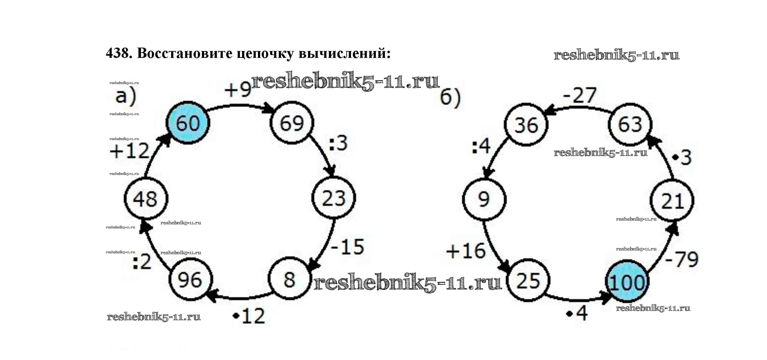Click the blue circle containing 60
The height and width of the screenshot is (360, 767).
[188, 123]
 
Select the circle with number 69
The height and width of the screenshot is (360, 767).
[292, 123]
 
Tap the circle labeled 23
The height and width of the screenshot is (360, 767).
[334, 198]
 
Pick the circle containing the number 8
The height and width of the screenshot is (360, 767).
[289, 279]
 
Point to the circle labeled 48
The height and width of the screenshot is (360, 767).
[146, 199]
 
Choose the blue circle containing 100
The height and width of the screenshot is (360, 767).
[627, 282]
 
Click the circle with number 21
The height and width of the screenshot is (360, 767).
[672, 201]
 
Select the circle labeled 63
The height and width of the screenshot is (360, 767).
[630, 124]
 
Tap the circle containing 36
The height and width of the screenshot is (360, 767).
[526, 125]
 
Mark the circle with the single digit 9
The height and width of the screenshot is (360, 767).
[484, 199]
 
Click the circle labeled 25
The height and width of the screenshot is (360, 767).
[528, 280]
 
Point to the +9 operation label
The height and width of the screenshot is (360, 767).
[238, 90]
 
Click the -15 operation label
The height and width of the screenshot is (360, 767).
[347, 247]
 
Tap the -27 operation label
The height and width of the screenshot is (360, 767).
[580, 95]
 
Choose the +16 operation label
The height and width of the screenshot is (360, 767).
[466, 251]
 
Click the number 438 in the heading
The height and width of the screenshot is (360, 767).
[117, 53]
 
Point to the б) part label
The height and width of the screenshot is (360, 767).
[450, 97]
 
